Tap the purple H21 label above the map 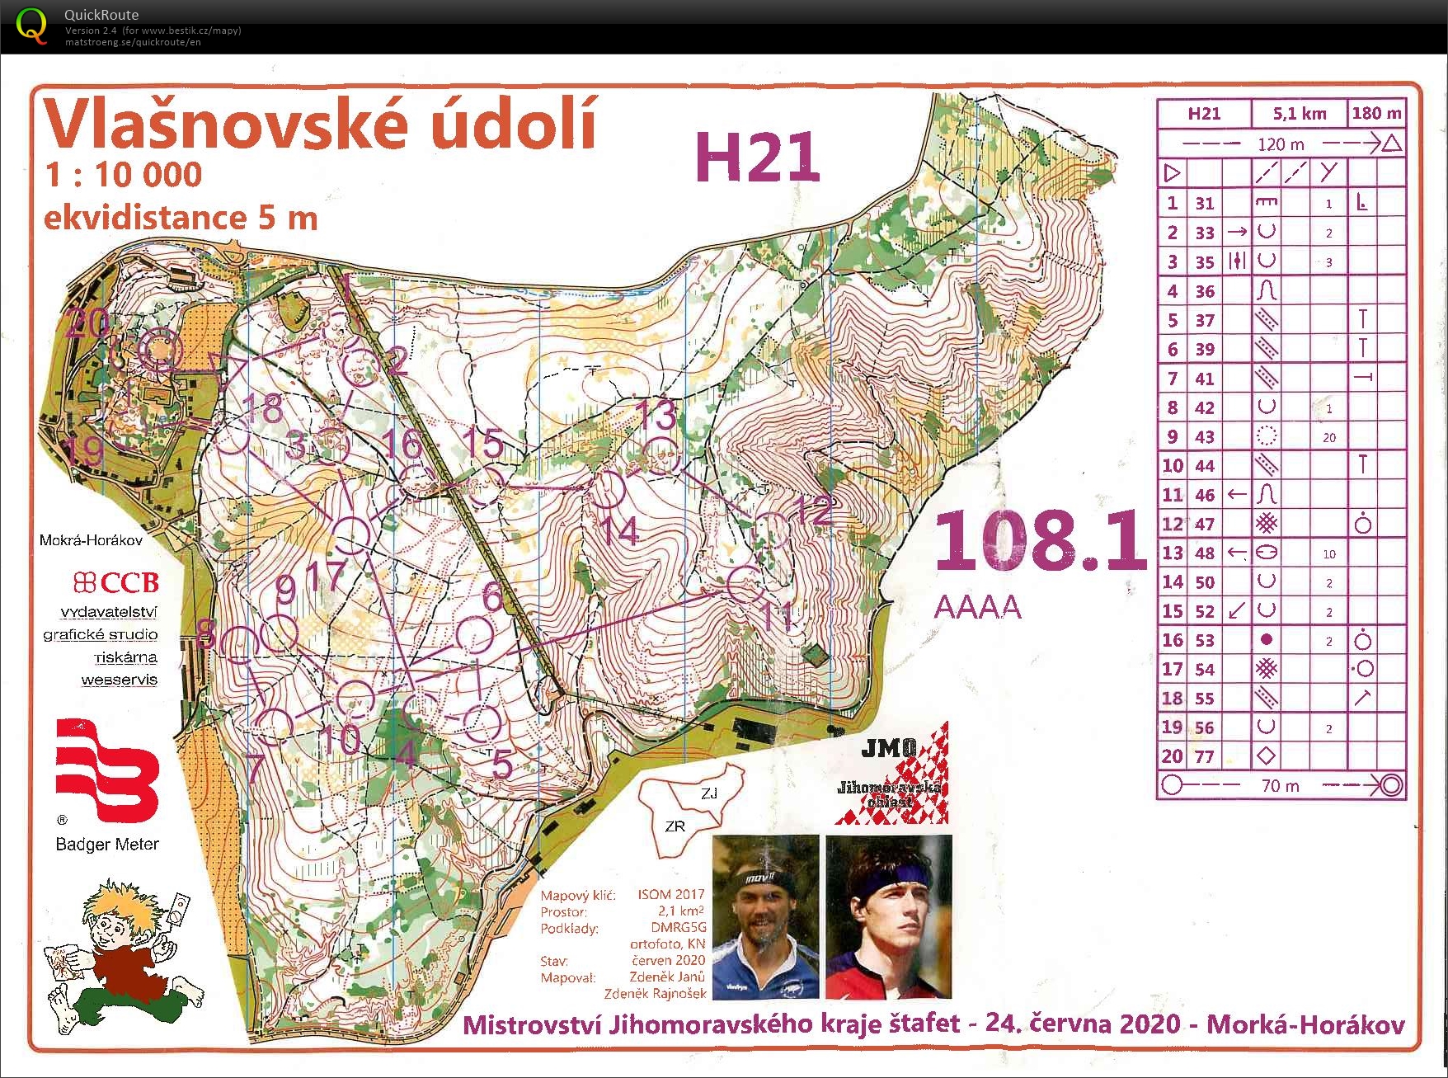(x=757, y=158)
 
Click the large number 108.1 (x=1041, y=541)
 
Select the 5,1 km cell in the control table (x=1299, y=114)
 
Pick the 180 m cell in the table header (x=1375, y=114)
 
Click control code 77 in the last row (x=1205, y=756)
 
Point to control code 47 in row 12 (x=1205, y=524)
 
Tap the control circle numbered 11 (x=745, y=583)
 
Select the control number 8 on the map (x=206, y=633)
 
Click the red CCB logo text (x=116, y=582)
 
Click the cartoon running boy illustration (x=124, y=957)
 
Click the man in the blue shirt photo (x=765, y=917)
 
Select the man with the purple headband (x=889, y=917)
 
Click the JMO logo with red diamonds (x=892, y=773)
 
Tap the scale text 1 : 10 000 (x=124, y=175)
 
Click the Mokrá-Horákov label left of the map (x=91, y=540)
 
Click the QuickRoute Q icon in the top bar (x=31, y=26)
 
